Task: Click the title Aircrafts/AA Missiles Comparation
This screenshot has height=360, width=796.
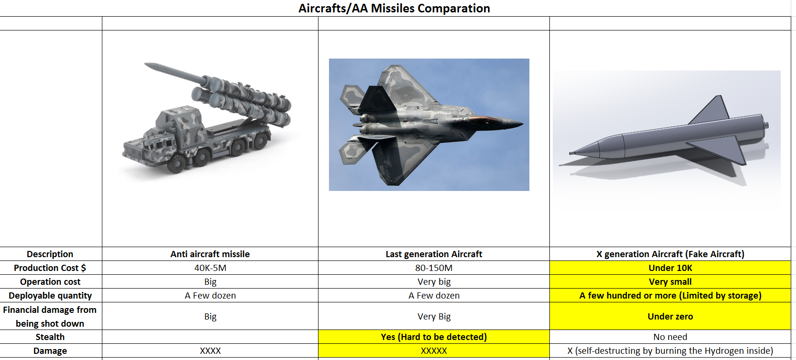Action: pos(394,8)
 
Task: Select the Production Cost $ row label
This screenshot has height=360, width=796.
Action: pos(50,268)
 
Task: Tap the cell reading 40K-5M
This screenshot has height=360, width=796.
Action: pos(210,268)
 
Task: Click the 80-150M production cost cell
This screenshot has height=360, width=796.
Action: pos(434,268)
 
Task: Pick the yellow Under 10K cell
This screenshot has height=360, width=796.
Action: pos(670,268)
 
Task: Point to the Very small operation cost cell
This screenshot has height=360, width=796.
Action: pos(670,281)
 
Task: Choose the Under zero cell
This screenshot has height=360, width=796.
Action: pos(670,316)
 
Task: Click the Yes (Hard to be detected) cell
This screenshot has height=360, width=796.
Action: pos(434,337)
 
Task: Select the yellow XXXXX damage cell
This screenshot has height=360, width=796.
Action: pos(434,350)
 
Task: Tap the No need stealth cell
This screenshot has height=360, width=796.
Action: pos(670,337)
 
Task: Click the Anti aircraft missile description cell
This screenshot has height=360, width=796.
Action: pos(210,254)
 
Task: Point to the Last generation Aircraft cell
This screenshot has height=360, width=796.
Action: pos(434,254)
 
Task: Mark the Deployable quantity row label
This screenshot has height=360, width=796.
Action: pos(50,295)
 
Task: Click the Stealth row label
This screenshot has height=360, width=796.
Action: pos(50,337)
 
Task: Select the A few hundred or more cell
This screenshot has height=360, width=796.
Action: pos(670,295)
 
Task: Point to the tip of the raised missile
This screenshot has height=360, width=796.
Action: pos(146,64)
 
